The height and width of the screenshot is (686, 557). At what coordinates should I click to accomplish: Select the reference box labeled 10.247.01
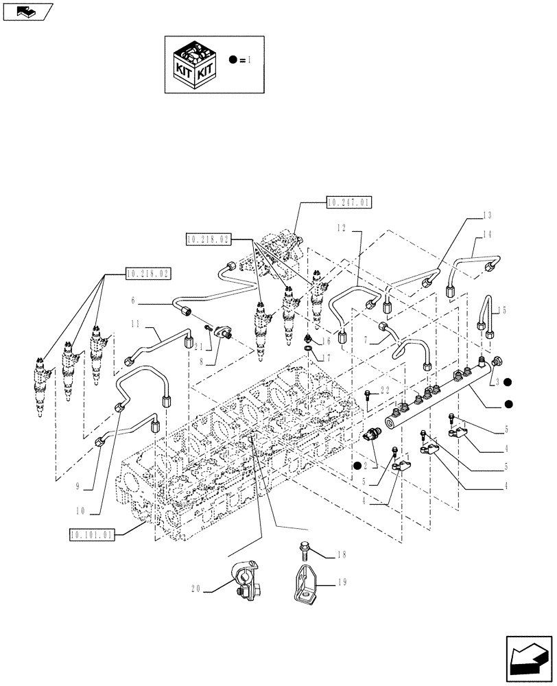(x=348, y=202)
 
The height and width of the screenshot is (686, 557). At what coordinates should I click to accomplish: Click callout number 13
(x=487, y=215)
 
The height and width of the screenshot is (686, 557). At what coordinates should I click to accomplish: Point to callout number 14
(x=487, y=234)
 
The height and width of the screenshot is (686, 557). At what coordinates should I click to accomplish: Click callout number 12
(x=341, y=226)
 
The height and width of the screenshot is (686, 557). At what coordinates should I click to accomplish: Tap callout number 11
(x=134, y=322)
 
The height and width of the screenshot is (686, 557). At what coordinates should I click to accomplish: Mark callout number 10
(x=81, y=511)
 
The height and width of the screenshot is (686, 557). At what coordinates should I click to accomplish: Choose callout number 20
(x=195, y=588)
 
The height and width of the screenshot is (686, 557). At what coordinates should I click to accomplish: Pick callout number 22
(x=386, y=390)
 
